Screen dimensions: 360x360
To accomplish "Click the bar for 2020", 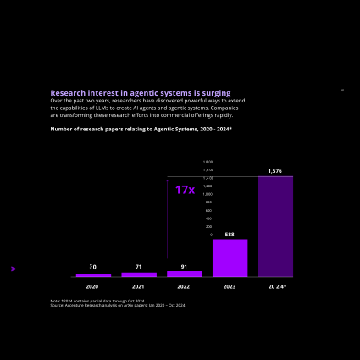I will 93,275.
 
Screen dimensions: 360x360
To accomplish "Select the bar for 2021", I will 139,274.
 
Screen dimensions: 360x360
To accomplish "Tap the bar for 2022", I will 185,274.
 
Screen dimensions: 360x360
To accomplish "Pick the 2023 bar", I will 230,258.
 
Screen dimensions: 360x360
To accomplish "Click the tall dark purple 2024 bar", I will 275,227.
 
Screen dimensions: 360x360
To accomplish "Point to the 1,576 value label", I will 275,171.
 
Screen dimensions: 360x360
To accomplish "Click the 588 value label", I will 230,235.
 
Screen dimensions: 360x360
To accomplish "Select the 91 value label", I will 185,267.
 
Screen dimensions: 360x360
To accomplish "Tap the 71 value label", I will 139,267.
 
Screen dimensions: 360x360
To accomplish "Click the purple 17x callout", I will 185,191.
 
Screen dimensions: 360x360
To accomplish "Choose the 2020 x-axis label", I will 92,287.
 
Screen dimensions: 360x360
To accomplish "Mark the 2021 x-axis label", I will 138,287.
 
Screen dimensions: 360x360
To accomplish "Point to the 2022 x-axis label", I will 184,287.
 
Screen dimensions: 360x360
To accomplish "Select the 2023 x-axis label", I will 230,287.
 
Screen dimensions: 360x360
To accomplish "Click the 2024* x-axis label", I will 277,287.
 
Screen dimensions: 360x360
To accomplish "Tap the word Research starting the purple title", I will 67,93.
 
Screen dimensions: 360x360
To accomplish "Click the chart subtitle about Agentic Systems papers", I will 141,129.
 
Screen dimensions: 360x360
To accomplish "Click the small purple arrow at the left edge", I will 14,269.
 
